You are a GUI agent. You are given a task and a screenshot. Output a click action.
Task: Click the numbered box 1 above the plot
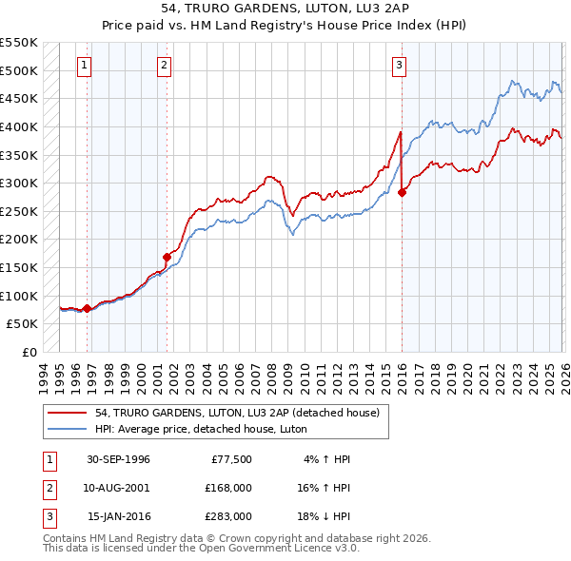86,66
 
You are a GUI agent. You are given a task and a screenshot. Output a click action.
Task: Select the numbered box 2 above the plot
165,66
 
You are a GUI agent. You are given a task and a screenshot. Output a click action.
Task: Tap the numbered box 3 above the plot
399,66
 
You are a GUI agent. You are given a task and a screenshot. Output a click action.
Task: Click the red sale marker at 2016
402,192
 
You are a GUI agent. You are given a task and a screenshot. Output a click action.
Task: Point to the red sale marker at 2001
167,257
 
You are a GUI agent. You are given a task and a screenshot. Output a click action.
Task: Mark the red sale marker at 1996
87,308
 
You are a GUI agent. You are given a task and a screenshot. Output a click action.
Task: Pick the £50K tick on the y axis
23,324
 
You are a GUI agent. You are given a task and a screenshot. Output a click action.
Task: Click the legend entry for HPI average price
181,428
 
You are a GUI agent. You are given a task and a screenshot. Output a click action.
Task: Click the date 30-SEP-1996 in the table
118,459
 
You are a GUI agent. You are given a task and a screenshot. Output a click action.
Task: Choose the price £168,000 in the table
227,488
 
